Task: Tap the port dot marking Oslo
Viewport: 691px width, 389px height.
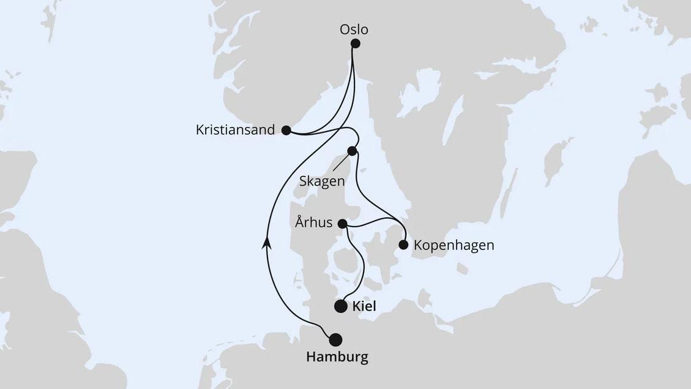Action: pyautogui.click(x=355, y=43)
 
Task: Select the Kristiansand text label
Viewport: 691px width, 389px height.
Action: pyautogui.click(x=235, y=130)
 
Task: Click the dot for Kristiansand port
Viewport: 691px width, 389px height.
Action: pyautogui.click(x=286, y=130)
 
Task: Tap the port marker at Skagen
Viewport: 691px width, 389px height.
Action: pyautogui.click(x=353, y=151)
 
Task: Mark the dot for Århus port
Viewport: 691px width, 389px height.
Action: pyautogui.click(x=343, y=224)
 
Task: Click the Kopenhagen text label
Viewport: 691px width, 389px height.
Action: pyautogui.click(x=454, y=245)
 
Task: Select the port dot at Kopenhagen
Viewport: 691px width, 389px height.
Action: pyautogui.click(x=403, y=245)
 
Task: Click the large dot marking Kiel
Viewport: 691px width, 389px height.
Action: pyautogui.click(x=341, y=306)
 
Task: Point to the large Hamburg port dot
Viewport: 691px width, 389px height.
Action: pyautogui.click(x=336, y=339)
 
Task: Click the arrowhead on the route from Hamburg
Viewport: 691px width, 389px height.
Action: pyautogui.click(x=266, y=243)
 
